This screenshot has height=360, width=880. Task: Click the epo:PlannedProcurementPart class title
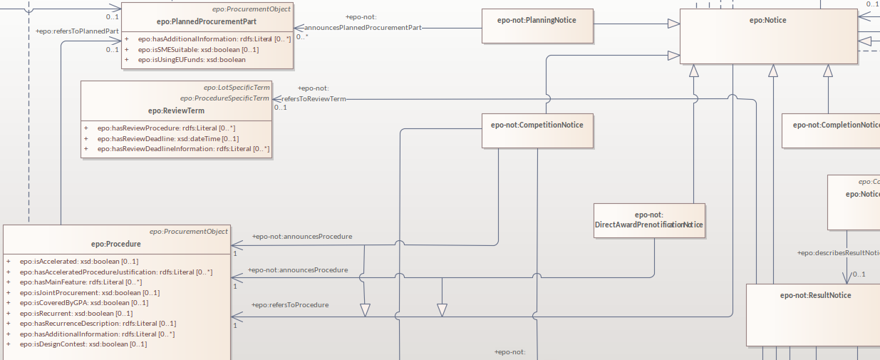point(207,21)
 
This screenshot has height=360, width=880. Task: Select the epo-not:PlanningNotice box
point(537,20)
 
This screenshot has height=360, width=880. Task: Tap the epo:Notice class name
point(767,20)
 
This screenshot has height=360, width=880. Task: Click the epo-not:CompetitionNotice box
point(537,125)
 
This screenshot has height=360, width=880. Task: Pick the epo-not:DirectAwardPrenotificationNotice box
point(649,220)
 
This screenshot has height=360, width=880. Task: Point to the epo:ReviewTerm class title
point(176,110)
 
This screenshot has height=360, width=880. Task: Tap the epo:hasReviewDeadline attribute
point(168,139)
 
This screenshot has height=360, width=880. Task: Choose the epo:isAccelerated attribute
point(78,262)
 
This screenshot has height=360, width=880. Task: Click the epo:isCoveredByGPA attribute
point(84,303)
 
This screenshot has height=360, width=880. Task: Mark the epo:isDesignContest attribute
point(83,344)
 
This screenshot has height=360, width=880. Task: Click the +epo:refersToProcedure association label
point(290,305)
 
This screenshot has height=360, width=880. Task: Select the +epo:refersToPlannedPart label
point(77,31)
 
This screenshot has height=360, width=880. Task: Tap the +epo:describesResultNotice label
point(838,253)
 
